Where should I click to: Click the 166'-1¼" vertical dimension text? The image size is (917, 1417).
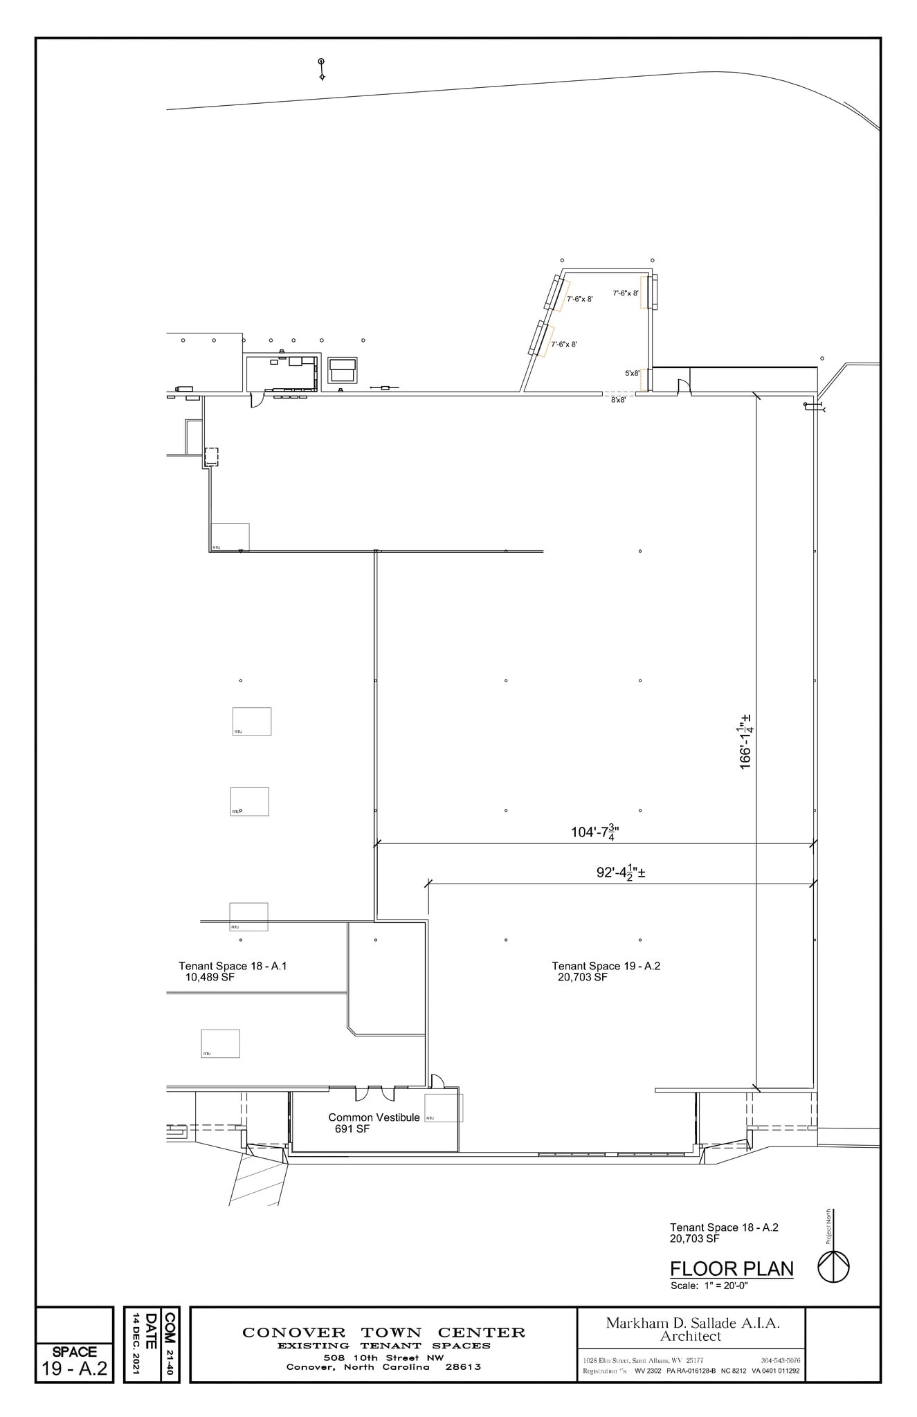point(746,742)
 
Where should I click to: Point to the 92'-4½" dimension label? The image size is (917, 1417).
point(621,872)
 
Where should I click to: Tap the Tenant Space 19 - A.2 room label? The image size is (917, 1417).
point(606,966)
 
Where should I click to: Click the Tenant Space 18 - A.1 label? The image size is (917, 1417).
point(233,966)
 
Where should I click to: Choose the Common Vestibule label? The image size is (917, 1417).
point(374,1117)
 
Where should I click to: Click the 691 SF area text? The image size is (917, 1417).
point(352,1129)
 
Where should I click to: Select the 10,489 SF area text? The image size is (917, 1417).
point(210,978)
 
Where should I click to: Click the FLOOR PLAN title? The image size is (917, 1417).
point(732,1269)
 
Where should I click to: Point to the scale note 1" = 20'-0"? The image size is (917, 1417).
point(709,1286)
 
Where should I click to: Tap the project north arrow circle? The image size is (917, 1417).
point(834,1268)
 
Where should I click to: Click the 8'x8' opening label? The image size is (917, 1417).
point(618,400)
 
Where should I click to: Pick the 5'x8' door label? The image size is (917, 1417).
point(632,374)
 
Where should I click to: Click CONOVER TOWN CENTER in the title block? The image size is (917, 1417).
point(383,1333)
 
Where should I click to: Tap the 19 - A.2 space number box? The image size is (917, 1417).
point(74,1369)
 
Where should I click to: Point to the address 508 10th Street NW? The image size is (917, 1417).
point(383,1357)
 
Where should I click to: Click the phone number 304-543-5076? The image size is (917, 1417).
point(780,1360)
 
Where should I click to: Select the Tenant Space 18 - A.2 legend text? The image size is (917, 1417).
point(724,1227)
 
